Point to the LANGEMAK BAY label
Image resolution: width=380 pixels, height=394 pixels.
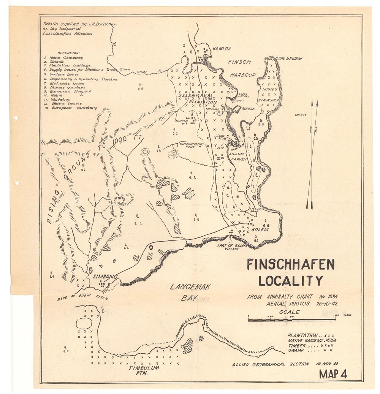pyautogui.click(x=189, y=292)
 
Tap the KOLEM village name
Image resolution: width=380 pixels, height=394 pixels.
pyautogui.click(x=260, y=229)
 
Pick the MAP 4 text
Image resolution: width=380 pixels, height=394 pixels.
pyautogui.click(x=333, y=374)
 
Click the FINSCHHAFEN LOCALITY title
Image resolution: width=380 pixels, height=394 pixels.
pyautogui.click(x=291, y=272)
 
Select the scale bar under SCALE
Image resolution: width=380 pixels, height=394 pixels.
pyautogui.click(x=291, y=320)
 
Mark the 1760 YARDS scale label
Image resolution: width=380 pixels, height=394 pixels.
pyautogui.click(x=340, y=315)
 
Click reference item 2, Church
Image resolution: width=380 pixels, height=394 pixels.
pyautogui.click(x=55, y=62)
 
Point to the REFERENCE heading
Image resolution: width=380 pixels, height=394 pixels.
pyautogui.click(x=68, y=53)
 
